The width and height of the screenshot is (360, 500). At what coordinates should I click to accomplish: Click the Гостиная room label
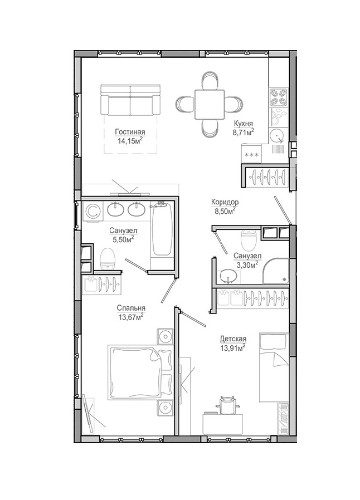[x=130, y=132]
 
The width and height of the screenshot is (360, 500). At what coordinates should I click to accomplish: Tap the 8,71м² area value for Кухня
[x=243, y=133]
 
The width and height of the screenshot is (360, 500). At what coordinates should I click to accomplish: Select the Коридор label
[x=225, y=202]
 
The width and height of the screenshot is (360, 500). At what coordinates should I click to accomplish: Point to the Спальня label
[x=131, y=308]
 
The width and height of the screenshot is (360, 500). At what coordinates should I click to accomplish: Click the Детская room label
[x=233, y=339]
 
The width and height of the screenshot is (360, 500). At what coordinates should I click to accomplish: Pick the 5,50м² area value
[x=123, y=239]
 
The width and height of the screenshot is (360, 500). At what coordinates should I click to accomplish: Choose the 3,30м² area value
[x=247, y=264]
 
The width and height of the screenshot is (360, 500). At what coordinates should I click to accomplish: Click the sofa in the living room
[x=130, y=100]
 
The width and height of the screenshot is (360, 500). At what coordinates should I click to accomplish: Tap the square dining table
[x=209, y=104]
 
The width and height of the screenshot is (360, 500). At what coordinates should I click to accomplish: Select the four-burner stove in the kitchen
[x=278, y=97]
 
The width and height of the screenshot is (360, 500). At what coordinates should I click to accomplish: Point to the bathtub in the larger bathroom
[x=162, y=228]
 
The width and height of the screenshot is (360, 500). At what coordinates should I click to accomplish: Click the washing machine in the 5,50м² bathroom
[x=93, y=211]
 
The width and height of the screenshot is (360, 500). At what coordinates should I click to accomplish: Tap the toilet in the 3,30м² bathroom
[x=249, y=240]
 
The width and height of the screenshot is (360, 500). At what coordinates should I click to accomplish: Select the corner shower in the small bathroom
[x=275, y=271]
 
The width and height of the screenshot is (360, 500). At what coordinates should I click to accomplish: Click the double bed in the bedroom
[x=140, y=372]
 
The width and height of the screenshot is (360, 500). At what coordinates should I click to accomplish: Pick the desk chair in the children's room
[x=227, y=405]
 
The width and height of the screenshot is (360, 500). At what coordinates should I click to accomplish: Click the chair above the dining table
[x=210, y=80]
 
